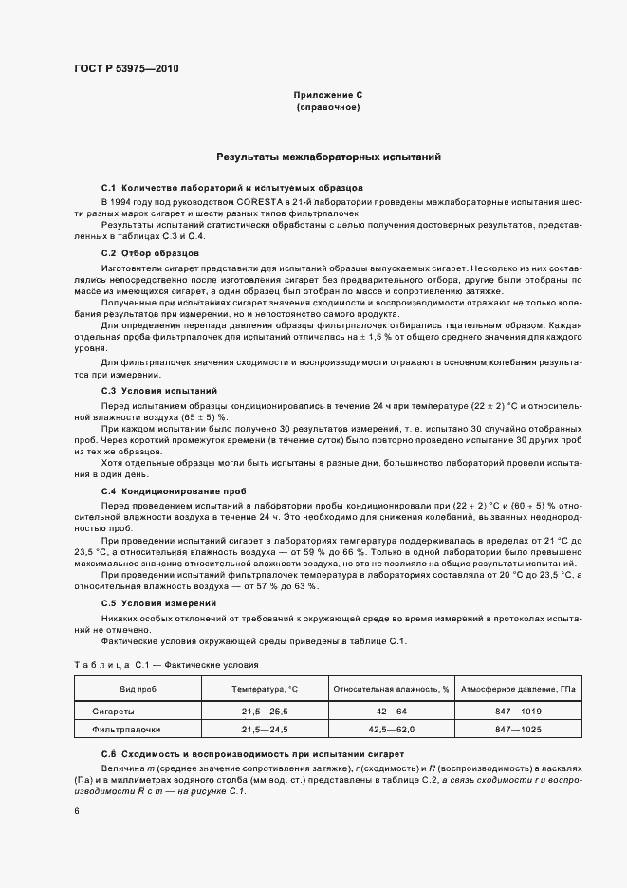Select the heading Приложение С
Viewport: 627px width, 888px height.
[328, 96]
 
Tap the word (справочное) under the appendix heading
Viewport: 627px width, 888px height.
[328, 108]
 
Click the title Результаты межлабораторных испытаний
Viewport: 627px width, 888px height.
[328, 156]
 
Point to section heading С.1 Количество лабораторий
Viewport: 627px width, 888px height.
[231, 188]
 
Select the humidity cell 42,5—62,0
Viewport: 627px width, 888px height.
[391, 730]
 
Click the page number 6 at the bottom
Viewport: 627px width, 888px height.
[77, 812]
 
